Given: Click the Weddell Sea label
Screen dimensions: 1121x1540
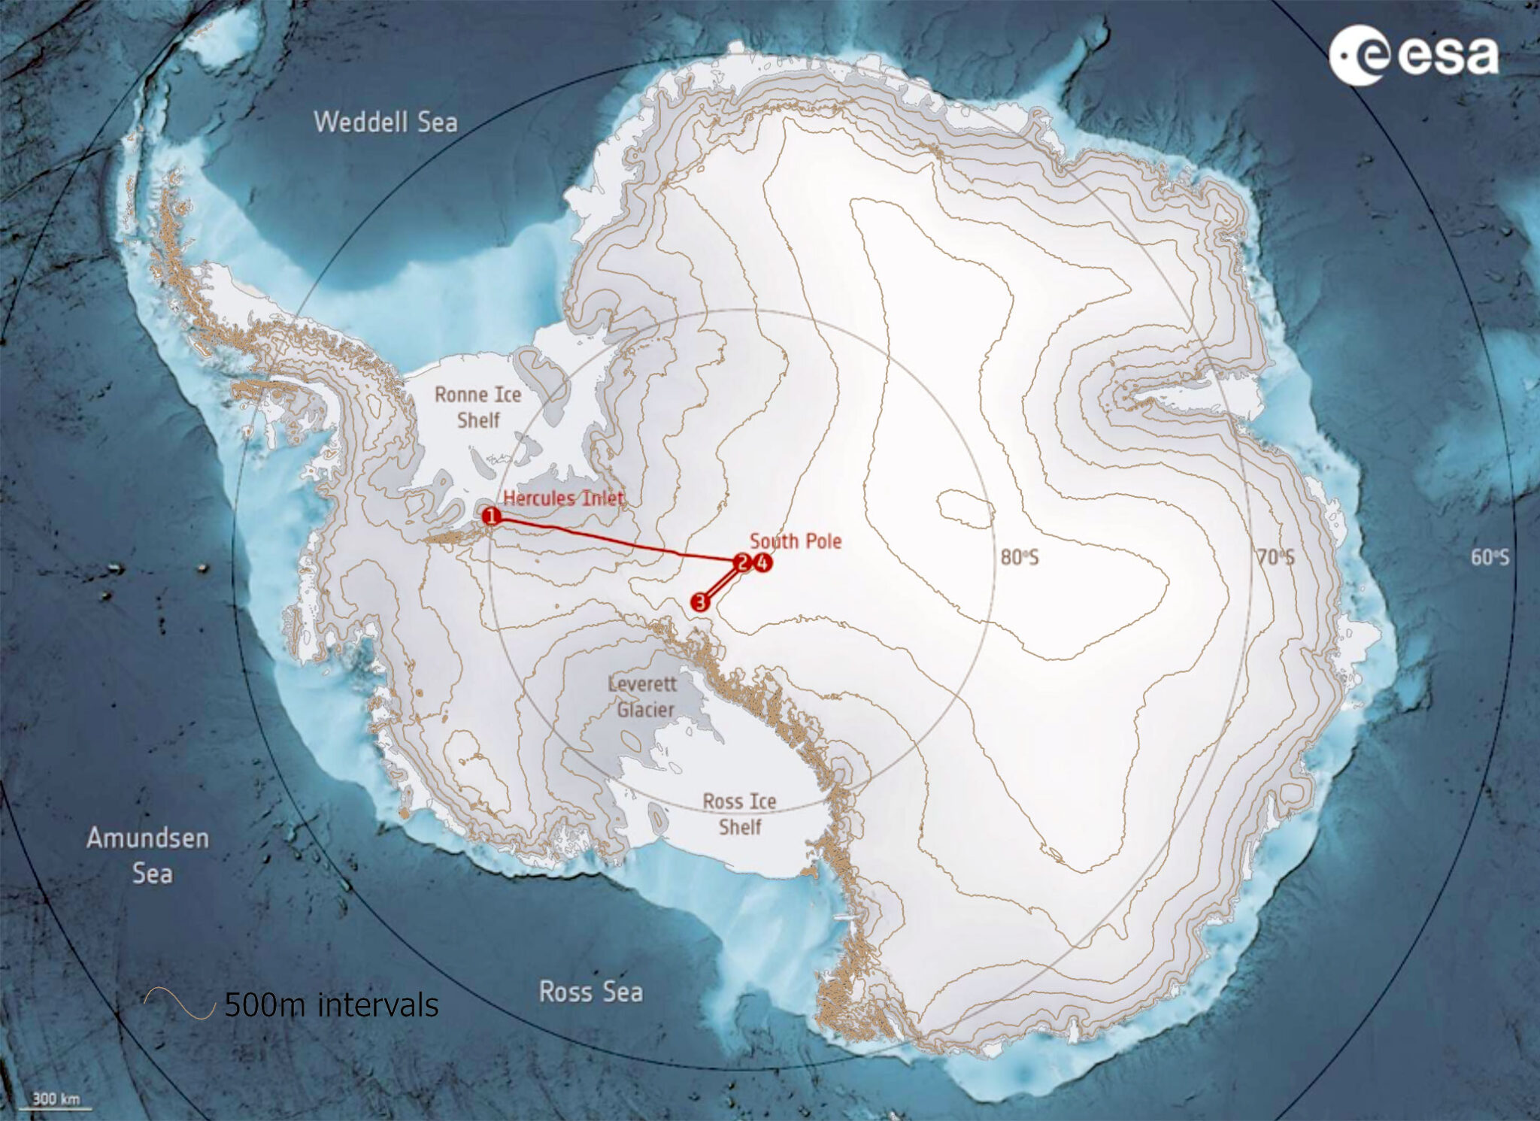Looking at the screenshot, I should [385, 122].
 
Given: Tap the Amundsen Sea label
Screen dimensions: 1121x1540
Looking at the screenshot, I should [148, 856].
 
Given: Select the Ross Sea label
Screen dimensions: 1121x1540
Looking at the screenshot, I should [591, 992].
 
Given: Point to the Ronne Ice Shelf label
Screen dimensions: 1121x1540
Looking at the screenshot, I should [477, 407].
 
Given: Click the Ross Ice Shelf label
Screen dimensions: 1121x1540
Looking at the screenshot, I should [739, 814].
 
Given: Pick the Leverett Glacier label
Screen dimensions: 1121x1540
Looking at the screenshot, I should [643, 696].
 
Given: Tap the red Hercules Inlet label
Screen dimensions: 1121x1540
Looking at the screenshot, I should [564, 498].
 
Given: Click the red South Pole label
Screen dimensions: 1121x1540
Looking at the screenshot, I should [796, 541].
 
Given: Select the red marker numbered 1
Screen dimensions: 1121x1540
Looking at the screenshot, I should [491, 516].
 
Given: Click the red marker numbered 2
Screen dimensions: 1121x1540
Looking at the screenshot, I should [742, 562].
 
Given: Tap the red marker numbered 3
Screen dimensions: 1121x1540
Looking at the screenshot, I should [700, 601].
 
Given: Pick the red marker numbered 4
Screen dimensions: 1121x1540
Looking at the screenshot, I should [762, 562].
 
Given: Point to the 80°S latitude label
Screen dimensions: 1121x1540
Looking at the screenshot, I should [1019, 557].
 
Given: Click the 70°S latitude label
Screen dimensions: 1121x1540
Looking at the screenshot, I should [1275, 557].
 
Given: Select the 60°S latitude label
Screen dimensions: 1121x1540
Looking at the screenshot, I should [1490, 557].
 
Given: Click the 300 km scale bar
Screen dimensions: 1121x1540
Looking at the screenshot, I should [56, 1101].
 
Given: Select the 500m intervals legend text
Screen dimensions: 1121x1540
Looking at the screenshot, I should [331, 1004].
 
